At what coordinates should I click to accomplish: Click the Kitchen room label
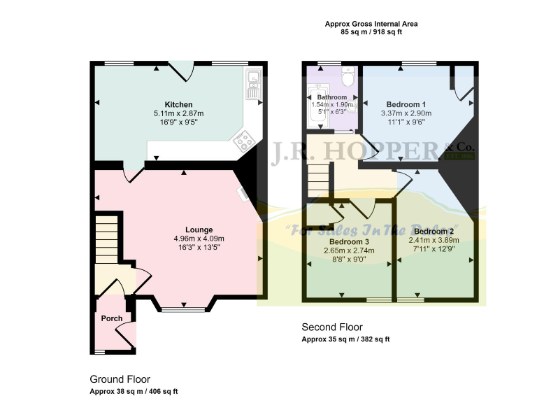178,104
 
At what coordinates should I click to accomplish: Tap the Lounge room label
199,229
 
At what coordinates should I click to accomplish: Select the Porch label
112,318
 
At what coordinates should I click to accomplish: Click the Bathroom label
331,97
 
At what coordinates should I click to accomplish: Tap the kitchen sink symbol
252,83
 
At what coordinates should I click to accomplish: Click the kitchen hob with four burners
244,141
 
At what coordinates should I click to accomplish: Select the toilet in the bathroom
348,78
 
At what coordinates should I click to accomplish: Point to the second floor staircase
318,178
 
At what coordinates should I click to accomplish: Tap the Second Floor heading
331,327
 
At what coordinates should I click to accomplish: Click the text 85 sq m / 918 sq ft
371,32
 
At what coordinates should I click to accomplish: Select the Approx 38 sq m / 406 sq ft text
134,391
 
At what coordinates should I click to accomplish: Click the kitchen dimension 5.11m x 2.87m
178,113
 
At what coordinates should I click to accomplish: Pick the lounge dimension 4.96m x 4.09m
199,239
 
